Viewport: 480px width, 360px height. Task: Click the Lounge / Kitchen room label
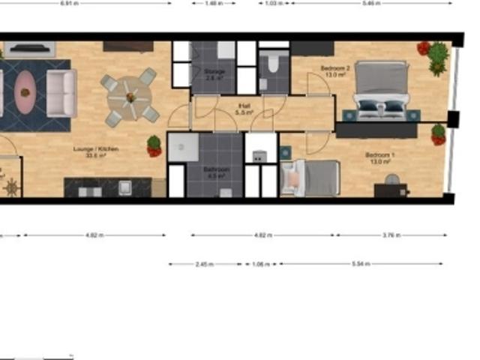95,150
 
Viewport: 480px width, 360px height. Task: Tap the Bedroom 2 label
335,70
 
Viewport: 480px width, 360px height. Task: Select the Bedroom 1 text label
379,157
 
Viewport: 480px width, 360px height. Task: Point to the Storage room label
214,73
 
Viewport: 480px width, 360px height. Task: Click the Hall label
244,109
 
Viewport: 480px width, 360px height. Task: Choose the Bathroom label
217,172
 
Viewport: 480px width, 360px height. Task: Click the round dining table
130,97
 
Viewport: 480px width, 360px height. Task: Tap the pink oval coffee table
25,91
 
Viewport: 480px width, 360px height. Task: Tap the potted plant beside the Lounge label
154,145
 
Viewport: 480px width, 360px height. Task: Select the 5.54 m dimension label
361,264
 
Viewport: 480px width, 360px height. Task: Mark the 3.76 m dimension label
391,235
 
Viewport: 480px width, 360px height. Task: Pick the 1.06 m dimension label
260,264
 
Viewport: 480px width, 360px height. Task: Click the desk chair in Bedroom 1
391,179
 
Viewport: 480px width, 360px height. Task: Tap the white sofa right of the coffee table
61,92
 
